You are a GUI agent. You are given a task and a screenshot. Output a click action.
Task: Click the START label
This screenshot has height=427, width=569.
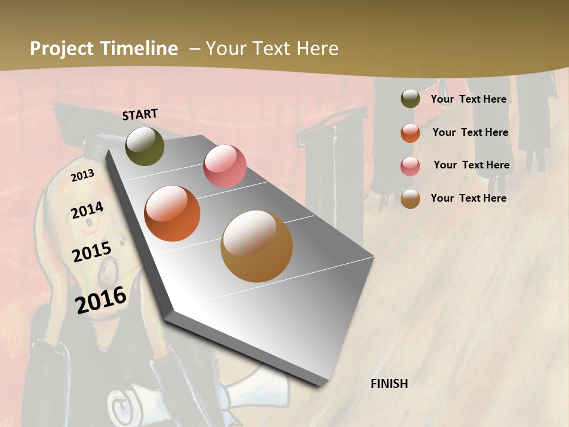coord(140,114)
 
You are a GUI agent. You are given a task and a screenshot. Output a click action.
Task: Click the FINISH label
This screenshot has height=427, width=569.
coord(389,384)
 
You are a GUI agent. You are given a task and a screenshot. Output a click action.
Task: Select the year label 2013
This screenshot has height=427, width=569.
coord(82,176)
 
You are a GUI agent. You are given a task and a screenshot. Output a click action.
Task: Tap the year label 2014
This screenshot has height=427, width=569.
coord(87,211)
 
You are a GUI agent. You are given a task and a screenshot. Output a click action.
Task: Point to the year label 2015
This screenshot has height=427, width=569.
coord(92,253)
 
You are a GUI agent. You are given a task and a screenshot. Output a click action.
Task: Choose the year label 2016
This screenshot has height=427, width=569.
coord(101,300)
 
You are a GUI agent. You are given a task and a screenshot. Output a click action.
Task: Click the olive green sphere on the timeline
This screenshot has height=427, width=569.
coord(145,146)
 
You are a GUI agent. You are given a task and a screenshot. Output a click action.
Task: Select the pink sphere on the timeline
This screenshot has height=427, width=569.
coord(225,166)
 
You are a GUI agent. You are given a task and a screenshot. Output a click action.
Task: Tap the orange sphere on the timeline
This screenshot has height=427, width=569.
coord(172,213)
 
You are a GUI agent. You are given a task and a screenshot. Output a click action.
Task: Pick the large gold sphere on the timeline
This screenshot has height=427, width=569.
coord(257,246)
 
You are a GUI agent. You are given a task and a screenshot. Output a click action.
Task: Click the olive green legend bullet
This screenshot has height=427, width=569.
coord(410,99)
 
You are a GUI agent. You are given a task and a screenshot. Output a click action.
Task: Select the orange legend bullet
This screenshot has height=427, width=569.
coord(410,133)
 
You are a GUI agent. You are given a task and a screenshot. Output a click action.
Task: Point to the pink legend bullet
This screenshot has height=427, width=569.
coord(410,165)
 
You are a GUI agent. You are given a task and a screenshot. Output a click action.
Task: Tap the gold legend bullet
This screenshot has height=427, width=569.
coord(410,199)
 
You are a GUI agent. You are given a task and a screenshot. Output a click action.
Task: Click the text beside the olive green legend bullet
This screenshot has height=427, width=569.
coord(468,99)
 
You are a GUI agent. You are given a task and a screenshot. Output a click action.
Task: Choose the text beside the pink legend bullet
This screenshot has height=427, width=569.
coord(471,165)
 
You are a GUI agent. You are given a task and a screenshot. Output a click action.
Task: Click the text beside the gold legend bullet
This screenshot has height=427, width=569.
coord(468,198)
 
